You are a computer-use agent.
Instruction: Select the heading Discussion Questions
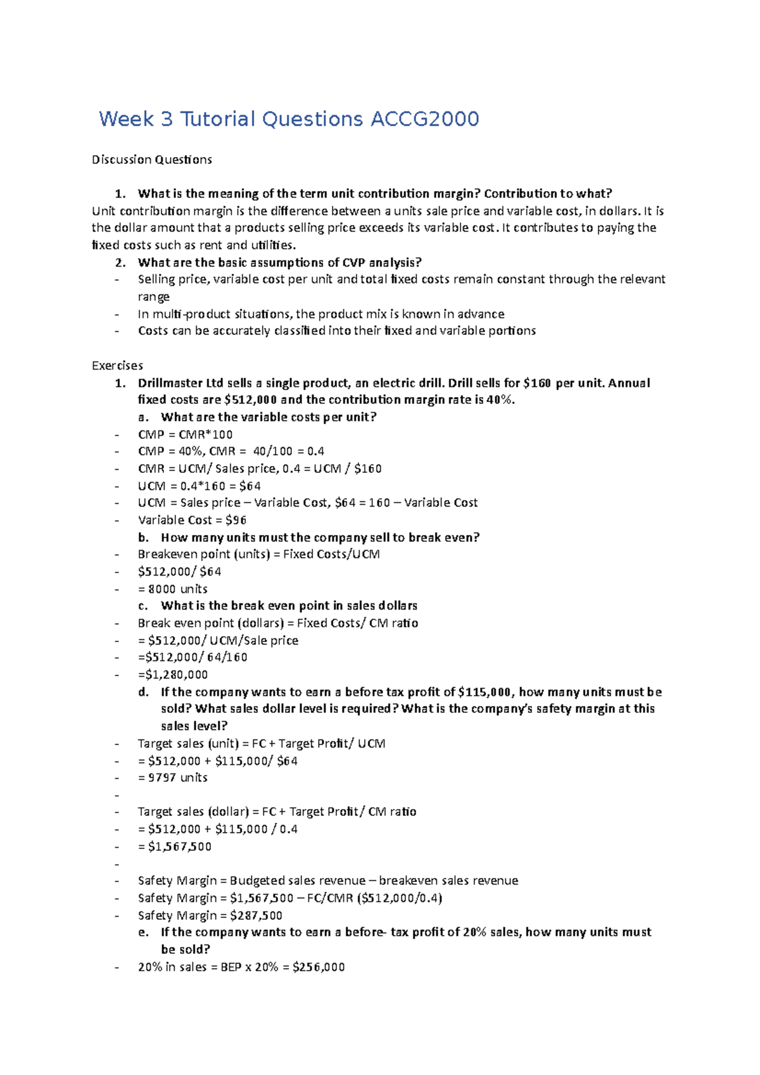click(x=151, y=160)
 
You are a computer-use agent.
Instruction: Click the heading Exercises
click(x=117, y=366)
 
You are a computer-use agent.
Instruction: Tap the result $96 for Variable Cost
click(x=236, y=520)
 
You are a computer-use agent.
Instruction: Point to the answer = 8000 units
click(x=173, y=589)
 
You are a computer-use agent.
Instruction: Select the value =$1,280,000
click(x=173, y=675)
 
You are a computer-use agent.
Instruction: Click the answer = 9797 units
click(x=173, y=777)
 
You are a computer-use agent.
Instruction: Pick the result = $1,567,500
click(x=175, y=846)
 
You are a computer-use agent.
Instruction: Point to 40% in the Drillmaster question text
click(x=500, y=400)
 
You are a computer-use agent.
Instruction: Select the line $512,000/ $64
click(x=179, y=572)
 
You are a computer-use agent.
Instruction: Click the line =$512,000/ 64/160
click(x=193, y=658)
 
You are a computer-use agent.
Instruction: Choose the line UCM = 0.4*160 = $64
click(x=199, y=486)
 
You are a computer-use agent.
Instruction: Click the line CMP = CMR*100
click(x=185, y=435)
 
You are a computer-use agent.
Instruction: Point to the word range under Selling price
click(x=153, y=297)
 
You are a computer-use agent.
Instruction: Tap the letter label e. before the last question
click(x=143, y=933)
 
